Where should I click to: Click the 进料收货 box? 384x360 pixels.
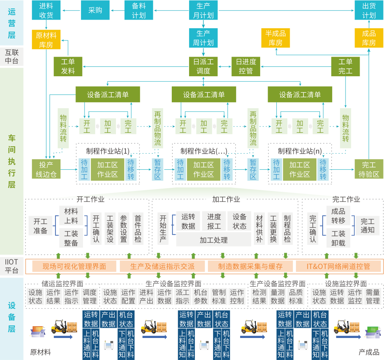[46, 11]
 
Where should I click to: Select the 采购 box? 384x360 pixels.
[92, 11]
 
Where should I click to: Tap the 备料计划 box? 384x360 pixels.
[139, 11]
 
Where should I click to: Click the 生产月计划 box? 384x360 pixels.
[203, 11]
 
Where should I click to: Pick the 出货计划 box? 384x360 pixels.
[369, 11]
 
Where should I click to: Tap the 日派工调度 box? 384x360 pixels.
[203, 66]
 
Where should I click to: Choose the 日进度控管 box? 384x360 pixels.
[246, 66]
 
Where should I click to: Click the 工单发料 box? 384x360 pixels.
[68, 66]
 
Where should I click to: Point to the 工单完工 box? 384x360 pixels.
[345, 66]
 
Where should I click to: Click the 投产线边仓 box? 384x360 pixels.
[46, 169]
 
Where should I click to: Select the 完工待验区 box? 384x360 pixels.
[369, 169]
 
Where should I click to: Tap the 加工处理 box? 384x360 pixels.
[213, 239]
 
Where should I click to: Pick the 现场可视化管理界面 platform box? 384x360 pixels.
[74, 266]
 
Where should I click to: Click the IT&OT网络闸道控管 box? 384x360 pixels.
[338, 266]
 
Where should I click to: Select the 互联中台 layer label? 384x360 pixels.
[11, 57]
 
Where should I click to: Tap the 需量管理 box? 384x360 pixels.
[373, 297]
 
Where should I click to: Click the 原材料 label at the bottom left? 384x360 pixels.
[40, 352]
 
